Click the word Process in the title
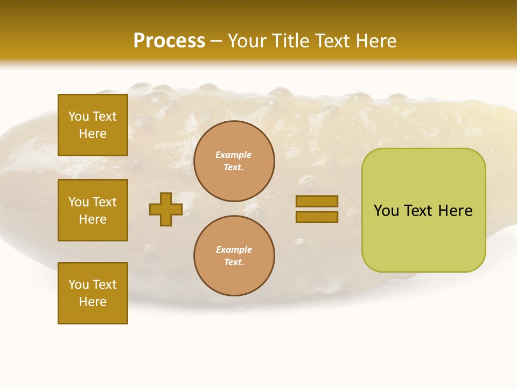[169, 41]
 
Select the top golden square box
[93, 125]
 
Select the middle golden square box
[93, 210]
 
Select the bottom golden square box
[93, 293]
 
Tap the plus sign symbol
[165, 209]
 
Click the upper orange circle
[234, 161]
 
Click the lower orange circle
[234, 255]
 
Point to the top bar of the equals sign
[317, 201]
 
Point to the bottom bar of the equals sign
[317, 217]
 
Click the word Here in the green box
[455, 211]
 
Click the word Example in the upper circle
[234, 155]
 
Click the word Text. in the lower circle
[234, 262]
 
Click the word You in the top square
[79, 116]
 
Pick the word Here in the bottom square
[93, 302]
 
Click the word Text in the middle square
[104, 202]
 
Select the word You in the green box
[387, 211]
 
